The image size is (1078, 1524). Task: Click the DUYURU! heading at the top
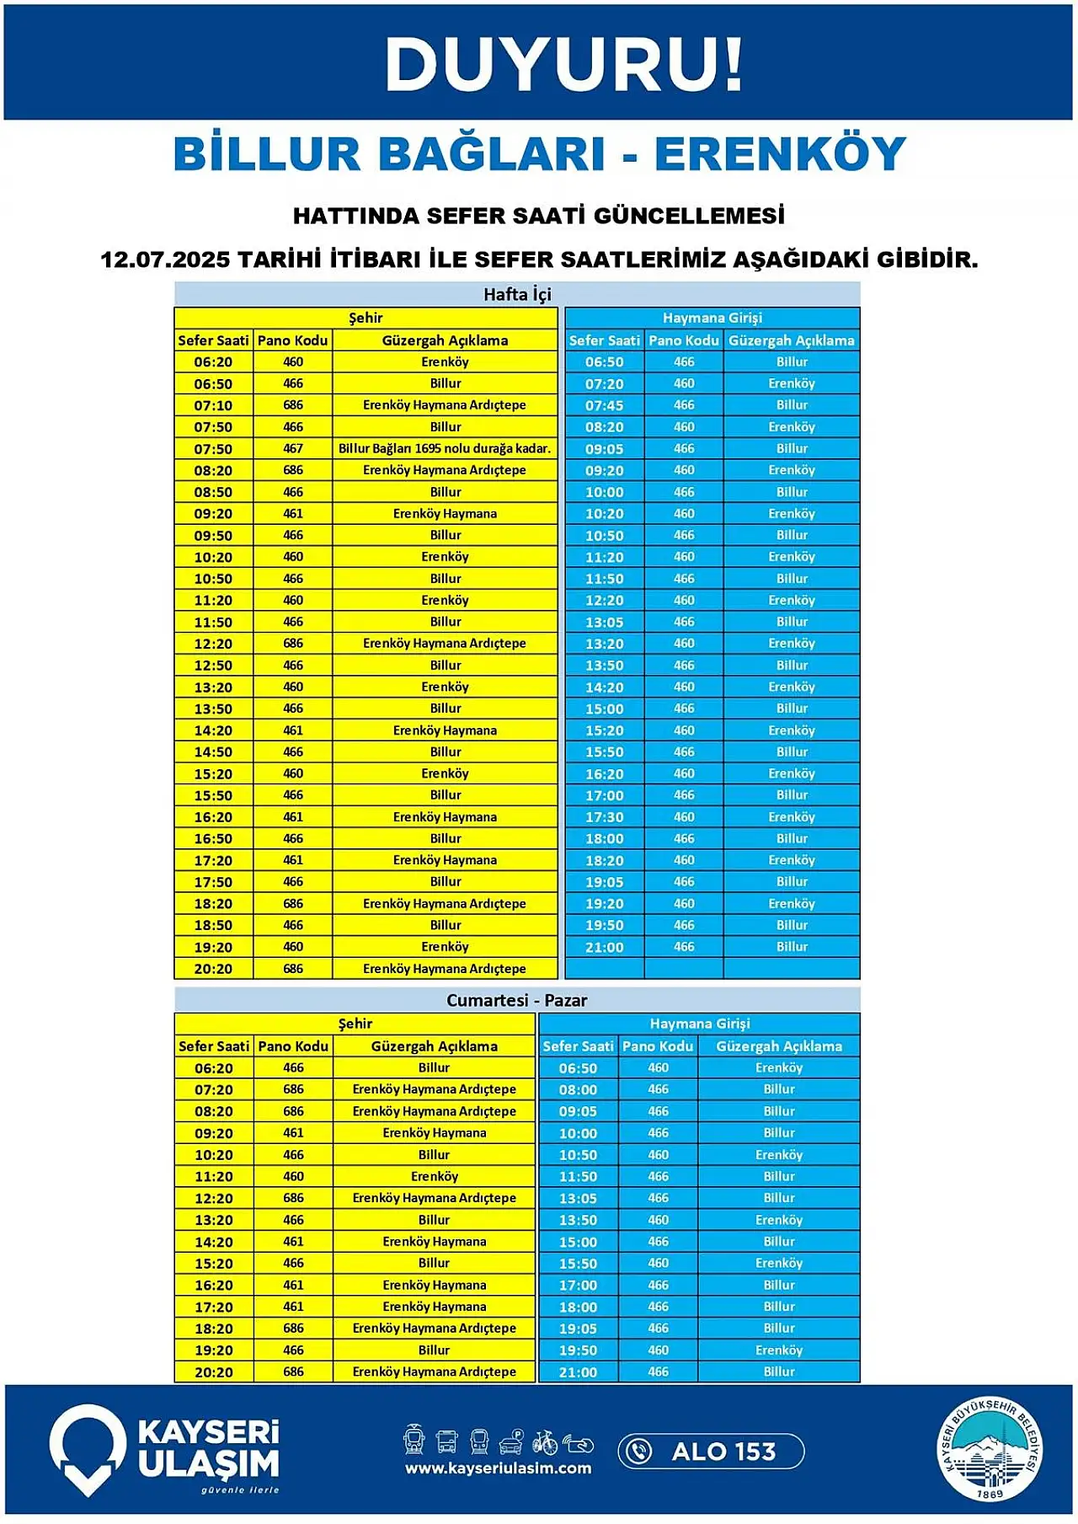[x=563, y=64]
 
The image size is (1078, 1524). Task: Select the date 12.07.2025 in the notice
[x=164, y=259]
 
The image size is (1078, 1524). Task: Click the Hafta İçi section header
[x=517, y=294]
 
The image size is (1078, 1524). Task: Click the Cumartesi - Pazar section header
[x=516, y=1000]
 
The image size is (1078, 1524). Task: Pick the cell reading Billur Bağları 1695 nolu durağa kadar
[x=445, y=448]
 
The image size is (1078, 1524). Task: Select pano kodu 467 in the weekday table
[x=293, y=448]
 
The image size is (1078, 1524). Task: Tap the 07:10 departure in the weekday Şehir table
[x=213, y=405]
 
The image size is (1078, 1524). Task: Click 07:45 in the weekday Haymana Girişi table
[x=604, y=405]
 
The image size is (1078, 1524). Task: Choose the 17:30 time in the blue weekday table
[x=604, y=817]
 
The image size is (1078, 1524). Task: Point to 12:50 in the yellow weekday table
[x=213, y=666]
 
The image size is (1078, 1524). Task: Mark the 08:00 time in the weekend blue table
[x=578, y=1089]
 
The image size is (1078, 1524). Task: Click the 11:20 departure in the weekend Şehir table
[x=214, y=1177]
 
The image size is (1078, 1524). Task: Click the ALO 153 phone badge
[x=711, y=1452]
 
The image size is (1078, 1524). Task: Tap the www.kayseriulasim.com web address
[x=498, y=1468]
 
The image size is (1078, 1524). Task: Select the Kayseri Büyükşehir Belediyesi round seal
[x=990, y=1449]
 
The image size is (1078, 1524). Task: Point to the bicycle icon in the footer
[x=544, y=1442]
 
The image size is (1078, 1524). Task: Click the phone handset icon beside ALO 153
[x=640, y=1452]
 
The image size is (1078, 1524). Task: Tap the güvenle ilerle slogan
[x=240, y=1489]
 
